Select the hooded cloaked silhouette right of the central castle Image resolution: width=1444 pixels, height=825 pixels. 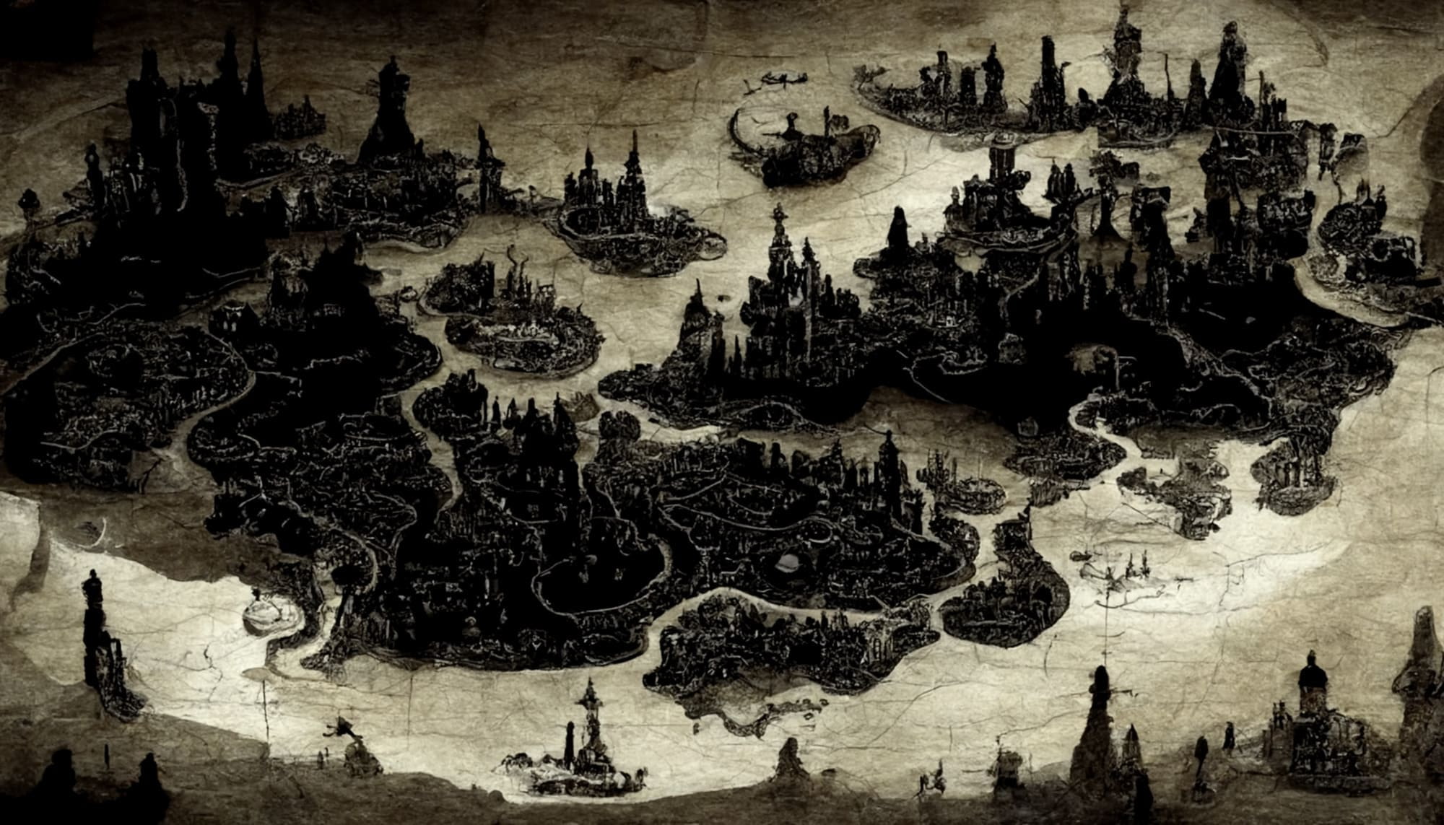coord(899,231)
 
